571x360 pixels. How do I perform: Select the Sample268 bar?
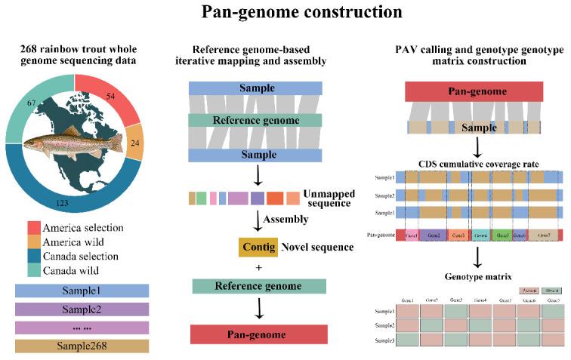tap(82, 346)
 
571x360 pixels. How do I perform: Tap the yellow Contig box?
tap(258, 247)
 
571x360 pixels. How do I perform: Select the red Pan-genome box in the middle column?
tap(259, 334)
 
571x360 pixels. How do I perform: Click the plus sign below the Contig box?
tap(259, 266)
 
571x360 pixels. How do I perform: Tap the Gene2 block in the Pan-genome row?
tap(433, 235)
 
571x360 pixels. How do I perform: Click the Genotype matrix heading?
tap(477, 275)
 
